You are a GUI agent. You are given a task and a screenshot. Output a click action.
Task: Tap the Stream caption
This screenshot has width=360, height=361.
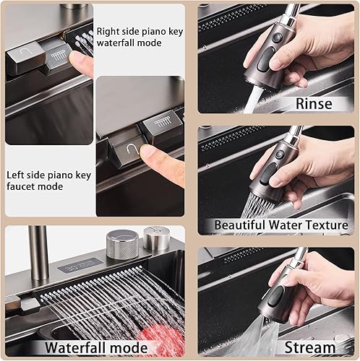pos(310,347)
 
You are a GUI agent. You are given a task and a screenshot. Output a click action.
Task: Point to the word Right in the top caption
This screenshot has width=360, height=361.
pos(110,31)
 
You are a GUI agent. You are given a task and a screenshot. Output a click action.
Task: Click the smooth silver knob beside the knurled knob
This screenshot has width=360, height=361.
pos(155,238)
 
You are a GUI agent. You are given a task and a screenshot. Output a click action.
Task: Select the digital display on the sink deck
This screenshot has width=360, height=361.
pos(74,266)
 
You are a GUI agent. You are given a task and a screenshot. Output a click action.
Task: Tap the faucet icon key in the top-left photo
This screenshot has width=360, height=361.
pos(24,55)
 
